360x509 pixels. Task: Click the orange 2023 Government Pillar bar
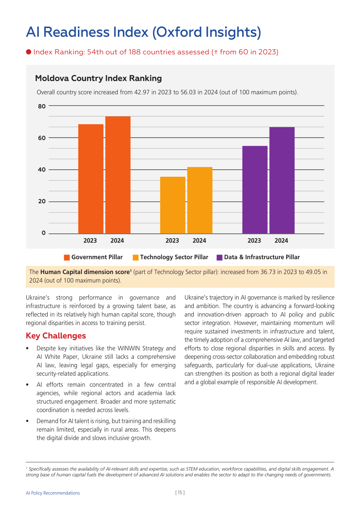coord(91,179)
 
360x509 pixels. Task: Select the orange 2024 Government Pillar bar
coord(118,175)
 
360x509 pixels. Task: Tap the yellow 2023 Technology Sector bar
coord(173,205)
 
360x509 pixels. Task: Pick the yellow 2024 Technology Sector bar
coord(200,200)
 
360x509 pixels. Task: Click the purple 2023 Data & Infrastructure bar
coord(255,190)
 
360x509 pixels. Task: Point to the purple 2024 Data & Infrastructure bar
coord(282,180)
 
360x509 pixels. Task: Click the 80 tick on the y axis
coord(41,106)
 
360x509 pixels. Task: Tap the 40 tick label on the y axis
coord(41,170)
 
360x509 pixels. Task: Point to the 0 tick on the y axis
coord(43,233)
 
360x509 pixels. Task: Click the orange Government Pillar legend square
coord(67,258)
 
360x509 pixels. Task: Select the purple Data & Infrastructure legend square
coord(219,258)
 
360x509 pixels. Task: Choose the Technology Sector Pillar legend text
coord(174,257)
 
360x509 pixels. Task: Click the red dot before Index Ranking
coord(29,52)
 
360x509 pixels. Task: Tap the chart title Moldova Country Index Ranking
coord(98,78)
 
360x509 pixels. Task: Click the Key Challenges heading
coord(56,336)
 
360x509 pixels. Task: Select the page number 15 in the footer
coord(180,493)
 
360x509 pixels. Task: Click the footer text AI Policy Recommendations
coord(53,493)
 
